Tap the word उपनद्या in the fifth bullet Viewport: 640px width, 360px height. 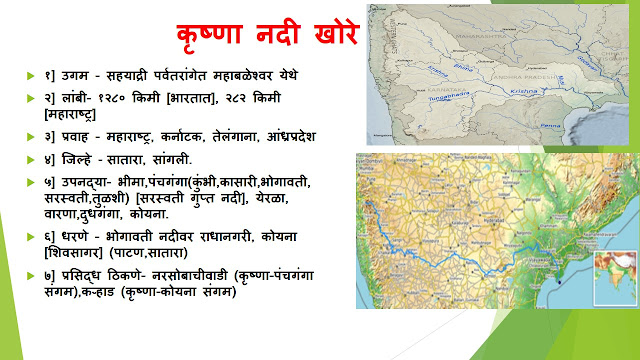[89, 182]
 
